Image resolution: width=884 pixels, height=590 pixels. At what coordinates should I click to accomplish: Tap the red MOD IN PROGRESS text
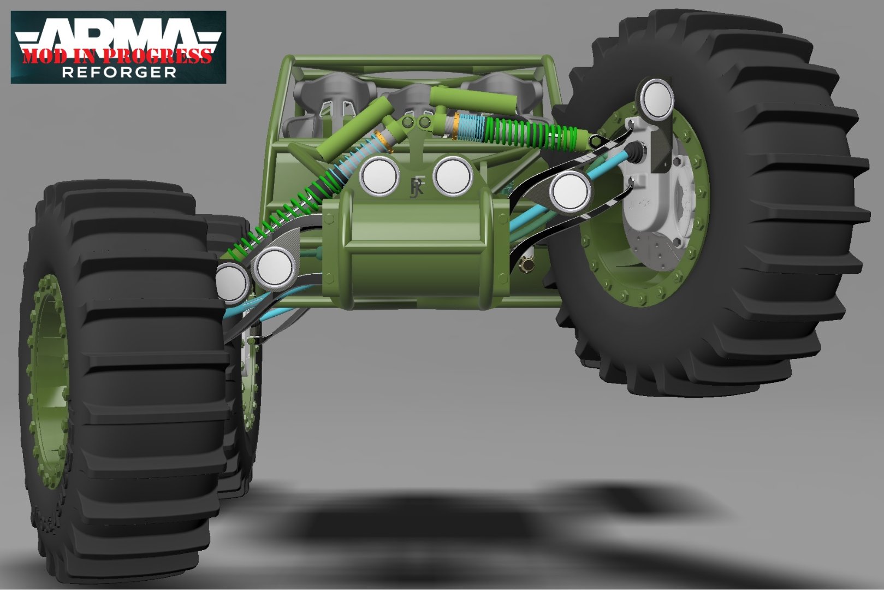117,56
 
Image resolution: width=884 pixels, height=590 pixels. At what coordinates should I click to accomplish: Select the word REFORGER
119,72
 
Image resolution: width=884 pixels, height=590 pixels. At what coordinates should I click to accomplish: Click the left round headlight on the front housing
379,176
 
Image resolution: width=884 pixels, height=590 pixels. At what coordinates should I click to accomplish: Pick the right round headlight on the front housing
453,176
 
